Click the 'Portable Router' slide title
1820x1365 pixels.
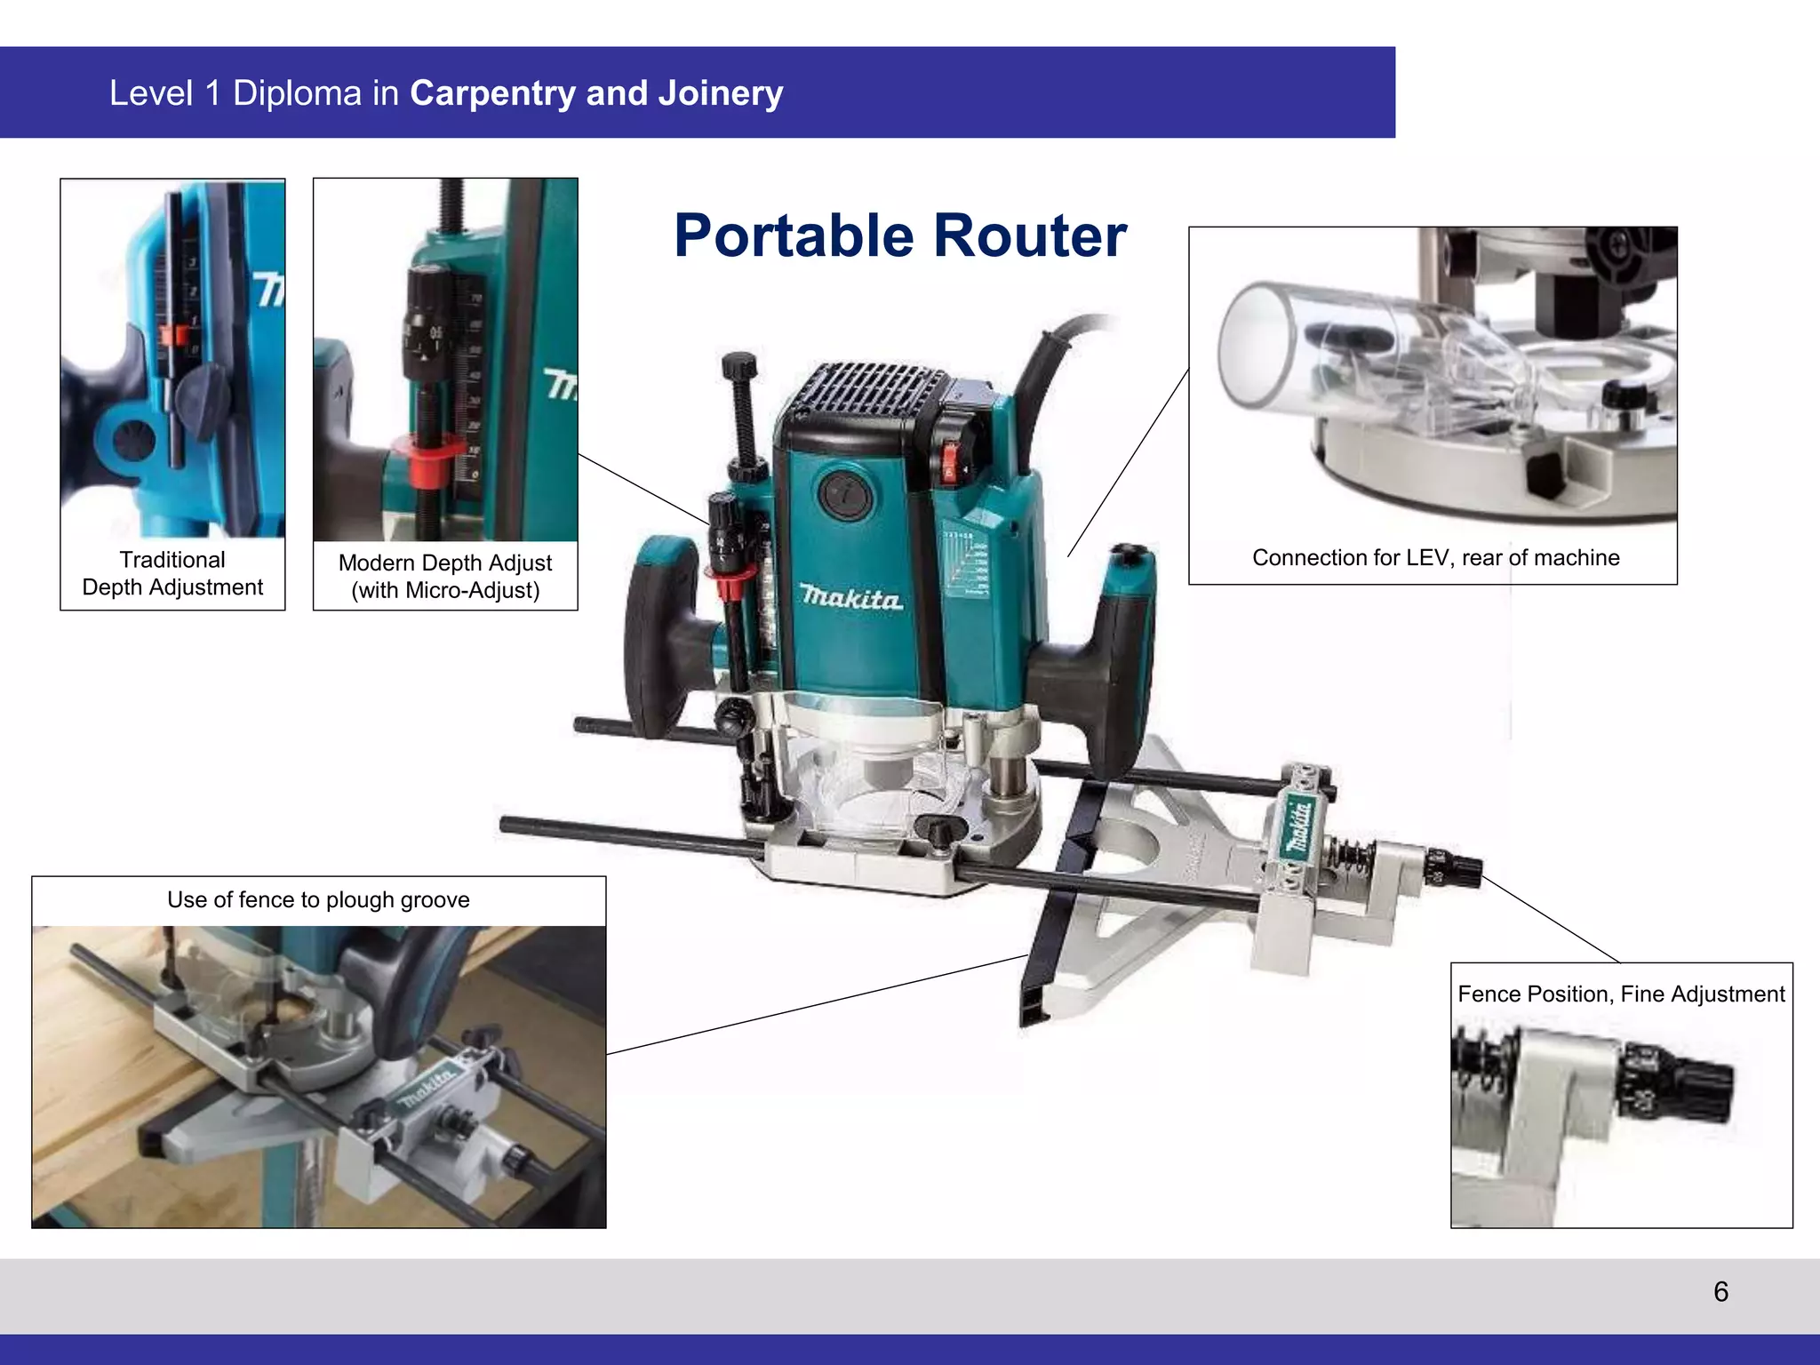click(x=899, y=236)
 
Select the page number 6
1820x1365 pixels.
click(x=1720, y=1291)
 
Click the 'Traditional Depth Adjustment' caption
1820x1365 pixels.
click(x=172, y=573)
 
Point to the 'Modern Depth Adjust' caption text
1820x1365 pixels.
click(x=445, y=563)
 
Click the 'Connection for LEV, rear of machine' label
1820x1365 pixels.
click(x=1435, y=557)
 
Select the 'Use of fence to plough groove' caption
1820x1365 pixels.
click(x=318, y=899)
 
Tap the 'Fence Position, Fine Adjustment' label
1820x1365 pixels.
click(x=1621, y=994)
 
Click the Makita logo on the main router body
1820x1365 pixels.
click(x=851, y=597)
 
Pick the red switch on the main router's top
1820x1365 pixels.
click(x=948, y=460)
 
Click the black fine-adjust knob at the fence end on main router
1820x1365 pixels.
click(x=1457, y=867)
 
